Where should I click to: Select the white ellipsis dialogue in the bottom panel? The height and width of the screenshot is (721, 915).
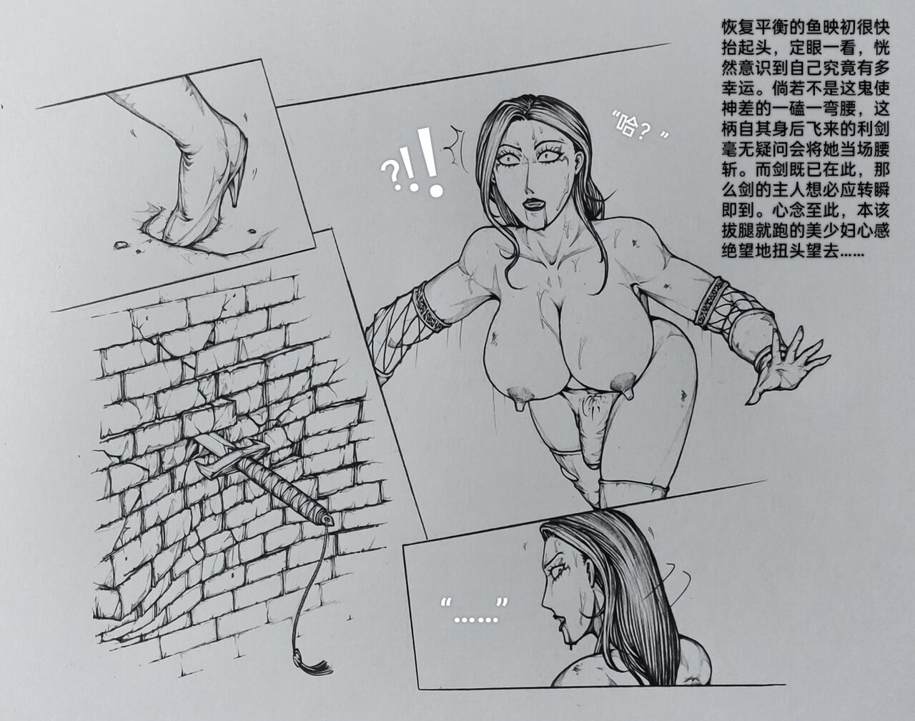pyautogui.click(x=475, y=612)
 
